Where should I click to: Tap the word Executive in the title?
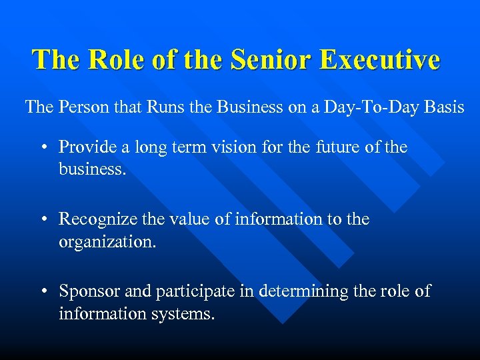[x=379, y=59]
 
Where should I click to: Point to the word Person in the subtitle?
[x=81, y=107]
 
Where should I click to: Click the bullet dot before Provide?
[x=43, y=147]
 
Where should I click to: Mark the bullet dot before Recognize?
[x=43, y=219]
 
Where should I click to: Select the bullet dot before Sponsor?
[x=43, y=291]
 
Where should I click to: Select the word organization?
[x=107, y=242]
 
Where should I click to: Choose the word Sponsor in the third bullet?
[x=86, y=291]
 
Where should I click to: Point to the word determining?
[x=289, y=291]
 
